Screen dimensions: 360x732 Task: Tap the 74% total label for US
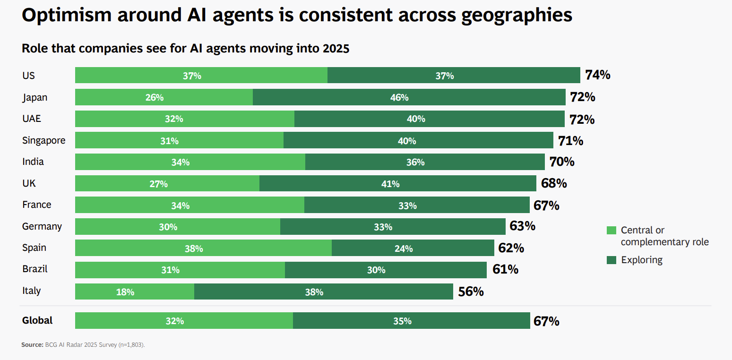(x=597, y=75)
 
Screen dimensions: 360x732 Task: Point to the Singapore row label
(x=44, y=140)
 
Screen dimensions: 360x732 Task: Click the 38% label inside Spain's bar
(x=194, y=249)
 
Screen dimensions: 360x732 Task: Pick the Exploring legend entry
(x=641, y=260)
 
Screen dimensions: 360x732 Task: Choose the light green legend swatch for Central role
(x=611, y=231)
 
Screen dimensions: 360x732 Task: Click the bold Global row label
(x=37, y=320)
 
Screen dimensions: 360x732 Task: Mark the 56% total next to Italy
(x=471, y=291)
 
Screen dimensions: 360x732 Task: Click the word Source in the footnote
(x=32, y=345)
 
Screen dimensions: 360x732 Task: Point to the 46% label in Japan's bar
(x=399, y=98)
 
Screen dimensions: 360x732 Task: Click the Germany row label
(x=42, y=226)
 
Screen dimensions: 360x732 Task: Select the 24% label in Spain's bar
(x=404, y=249)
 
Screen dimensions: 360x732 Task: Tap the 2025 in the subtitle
(x=336, y=49)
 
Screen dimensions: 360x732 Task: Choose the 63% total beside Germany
(x=523, y=226)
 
